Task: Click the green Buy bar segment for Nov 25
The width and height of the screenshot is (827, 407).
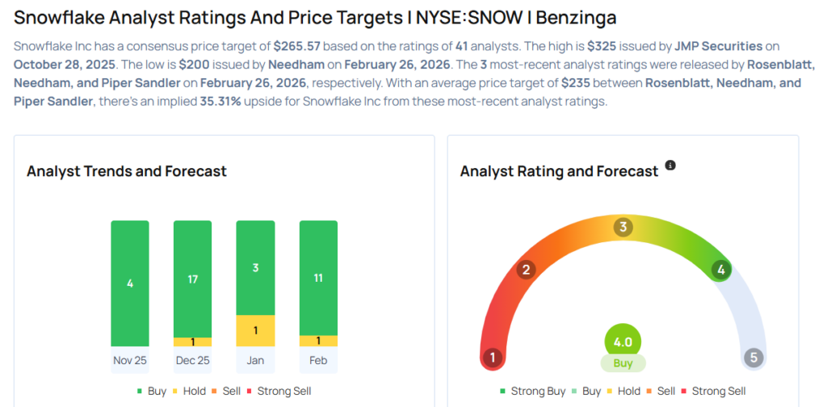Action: pyautogui.click(x=130, y=283)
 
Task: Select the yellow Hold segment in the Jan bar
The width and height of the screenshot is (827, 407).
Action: pyautogui.click(x=255, y=330)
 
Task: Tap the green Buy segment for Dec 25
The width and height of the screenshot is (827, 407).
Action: pyautogui.click(x=192, y=278)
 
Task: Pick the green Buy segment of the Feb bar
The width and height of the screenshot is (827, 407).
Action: pyautogui.click(x=318, y=277)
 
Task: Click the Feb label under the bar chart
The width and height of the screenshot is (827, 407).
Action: pyautogui.click(x=318, y=360)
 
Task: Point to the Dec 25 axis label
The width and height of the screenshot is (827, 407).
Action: pyautogui.click(x=192, y=360)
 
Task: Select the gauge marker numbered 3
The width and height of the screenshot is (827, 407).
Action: pyautogui.click(x=622, y=227)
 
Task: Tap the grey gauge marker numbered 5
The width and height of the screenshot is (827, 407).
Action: pyautogui.click(x=753, y=357)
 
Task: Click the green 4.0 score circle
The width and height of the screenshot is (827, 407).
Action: pyautogui.click(x=623, y=342)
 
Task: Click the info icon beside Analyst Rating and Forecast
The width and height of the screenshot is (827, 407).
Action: pyautogui.click(x=670, y=166)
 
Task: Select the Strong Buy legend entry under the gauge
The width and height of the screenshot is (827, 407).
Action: pyautogui.click(x=533, y=391)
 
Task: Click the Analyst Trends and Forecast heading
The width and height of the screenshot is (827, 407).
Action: pyautogui.click(x=127, y=171)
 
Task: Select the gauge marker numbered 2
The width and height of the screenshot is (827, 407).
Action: pyautogui.click(x=526, y=270)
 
